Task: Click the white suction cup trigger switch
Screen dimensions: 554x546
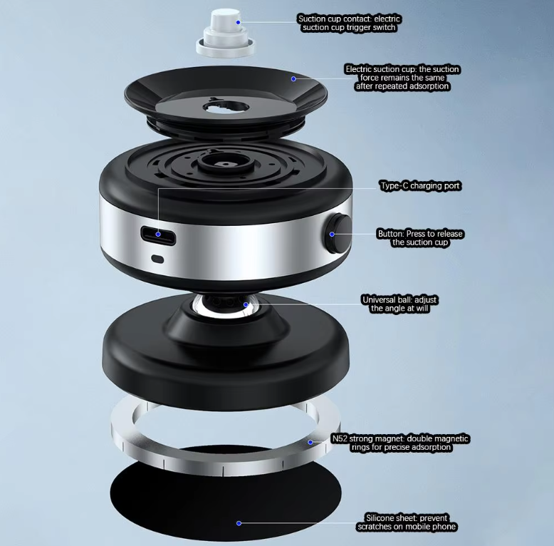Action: (226, 34)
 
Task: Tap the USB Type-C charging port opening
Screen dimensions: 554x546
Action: (158, 235)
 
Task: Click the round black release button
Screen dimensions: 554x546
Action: (338, 234)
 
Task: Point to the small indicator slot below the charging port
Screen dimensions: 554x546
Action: (157, 259)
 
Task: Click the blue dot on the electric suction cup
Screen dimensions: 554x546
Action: (293, 79)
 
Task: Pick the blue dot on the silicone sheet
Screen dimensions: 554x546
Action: (239, 523)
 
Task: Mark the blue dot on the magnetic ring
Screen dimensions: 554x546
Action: (310, 442)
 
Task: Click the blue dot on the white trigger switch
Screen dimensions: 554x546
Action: (238, 22)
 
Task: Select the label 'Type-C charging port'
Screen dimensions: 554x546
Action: (420, 185)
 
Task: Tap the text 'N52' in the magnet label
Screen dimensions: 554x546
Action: (340, 438)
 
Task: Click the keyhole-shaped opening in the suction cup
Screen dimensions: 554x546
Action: (226, 106)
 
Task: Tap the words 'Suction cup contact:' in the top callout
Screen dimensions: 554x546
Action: (335, 19)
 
